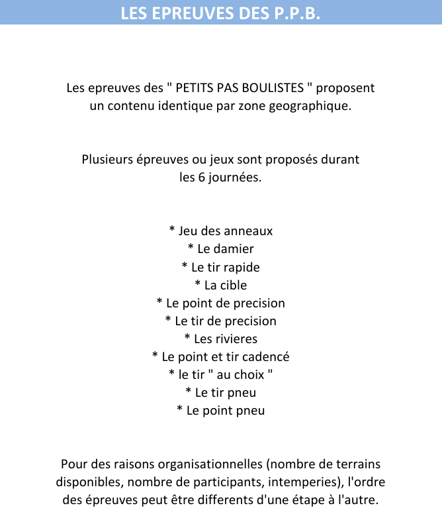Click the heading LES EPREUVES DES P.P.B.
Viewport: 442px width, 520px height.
[x=220, y=13]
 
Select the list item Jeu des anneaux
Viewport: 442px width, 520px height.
[x=221, y=231]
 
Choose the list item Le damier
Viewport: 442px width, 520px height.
[x=221, y=249]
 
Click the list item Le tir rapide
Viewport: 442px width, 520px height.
[x=221, y=267]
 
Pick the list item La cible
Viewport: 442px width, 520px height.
[x=221, y=285]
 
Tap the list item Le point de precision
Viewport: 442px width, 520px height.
[x=221, y=303]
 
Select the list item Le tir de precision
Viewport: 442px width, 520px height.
[x=221, y=321]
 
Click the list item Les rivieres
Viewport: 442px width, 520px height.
[x=221, y=338]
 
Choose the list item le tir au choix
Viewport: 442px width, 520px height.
[x=221, y=374]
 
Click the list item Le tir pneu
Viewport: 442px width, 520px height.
[x=221, y=392]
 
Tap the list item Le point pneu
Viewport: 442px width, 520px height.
[x=221, y=410]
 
